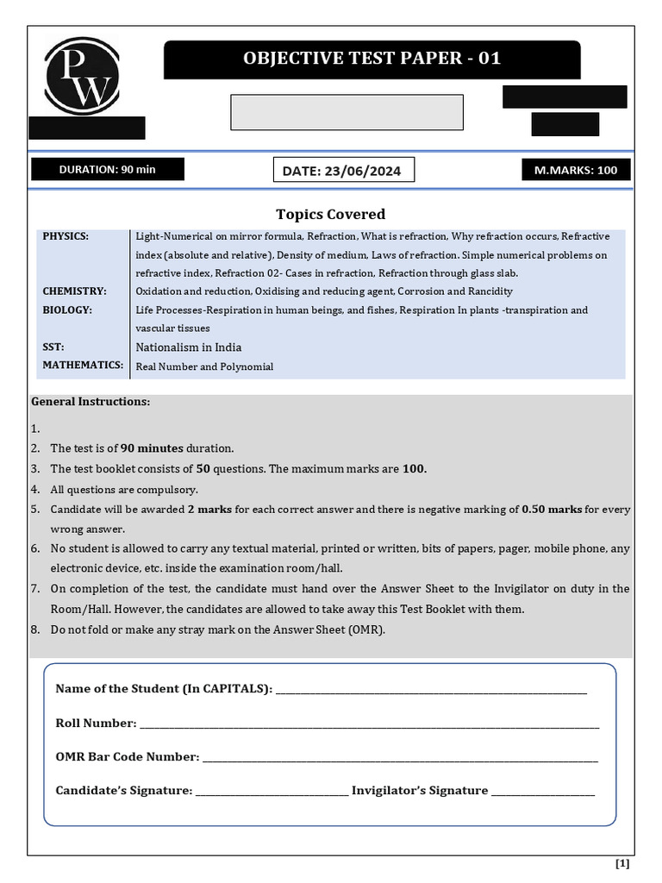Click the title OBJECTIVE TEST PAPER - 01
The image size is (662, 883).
372,59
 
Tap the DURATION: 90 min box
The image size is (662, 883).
108,169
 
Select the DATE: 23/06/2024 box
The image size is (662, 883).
342,171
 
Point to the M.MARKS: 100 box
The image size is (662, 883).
576,170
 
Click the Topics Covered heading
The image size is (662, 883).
330,214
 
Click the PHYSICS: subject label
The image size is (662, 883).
66,236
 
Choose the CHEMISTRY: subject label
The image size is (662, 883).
75,291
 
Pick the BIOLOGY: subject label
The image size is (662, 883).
67,310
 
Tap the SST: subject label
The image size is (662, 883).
53,347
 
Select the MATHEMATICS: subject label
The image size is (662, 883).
84,366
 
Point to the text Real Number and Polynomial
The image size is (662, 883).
204,366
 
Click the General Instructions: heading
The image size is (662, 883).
91,402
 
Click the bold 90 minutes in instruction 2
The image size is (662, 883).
153,448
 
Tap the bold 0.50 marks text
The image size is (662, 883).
552,510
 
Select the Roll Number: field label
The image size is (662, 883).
96,723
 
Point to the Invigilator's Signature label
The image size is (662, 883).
420,790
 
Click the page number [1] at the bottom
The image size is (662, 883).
622,863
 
